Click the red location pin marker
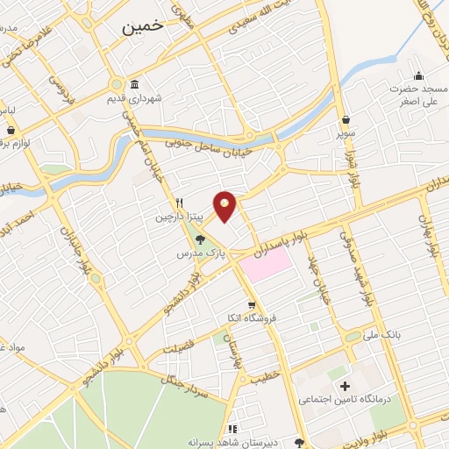(x=225, y=206)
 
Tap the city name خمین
(x=139, y=27)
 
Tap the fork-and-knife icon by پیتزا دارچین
(x=178, y=201)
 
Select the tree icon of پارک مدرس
(x=201, y=238)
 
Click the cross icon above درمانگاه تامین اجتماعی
(x=344, y=386)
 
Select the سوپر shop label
(x=348, y=136)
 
